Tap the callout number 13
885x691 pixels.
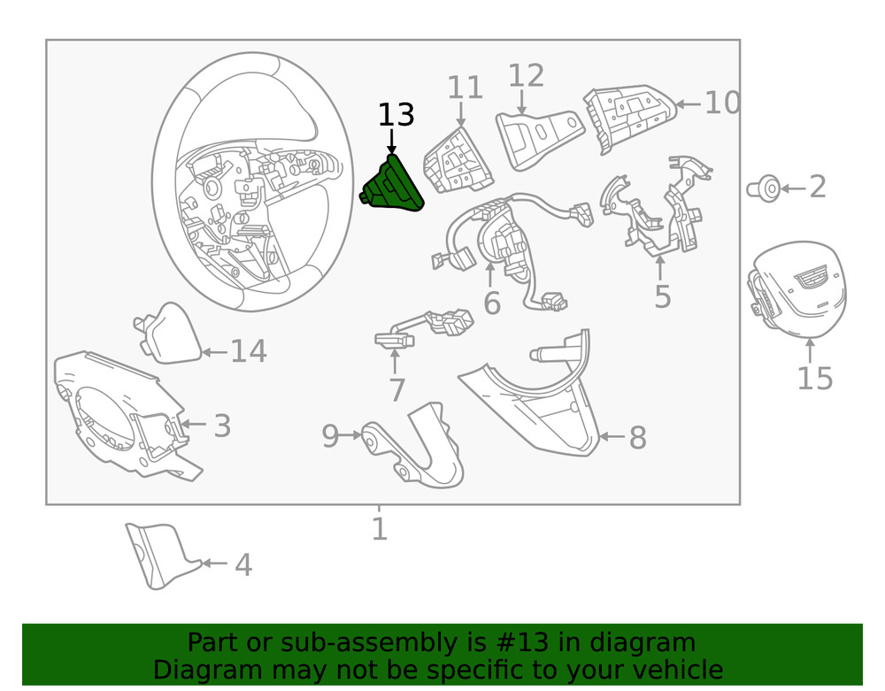396,114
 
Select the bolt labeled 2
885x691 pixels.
764,188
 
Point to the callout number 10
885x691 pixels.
722,103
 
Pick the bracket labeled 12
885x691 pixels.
539,138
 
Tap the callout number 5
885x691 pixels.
663,296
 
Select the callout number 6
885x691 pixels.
492,303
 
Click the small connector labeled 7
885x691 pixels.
424,329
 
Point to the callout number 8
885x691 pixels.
638,438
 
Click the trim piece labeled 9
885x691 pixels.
415,445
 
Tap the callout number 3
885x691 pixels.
222,426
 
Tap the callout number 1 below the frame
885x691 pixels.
380,528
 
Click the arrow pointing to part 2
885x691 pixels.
793,188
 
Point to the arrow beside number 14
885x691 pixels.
214,352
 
